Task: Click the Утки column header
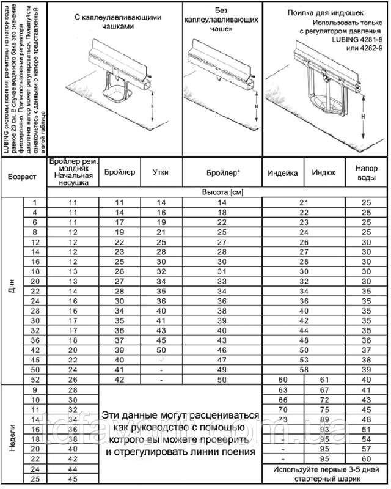[160, 173]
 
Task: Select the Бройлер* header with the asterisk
[222, 173]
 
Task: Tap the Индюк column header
[323, 173]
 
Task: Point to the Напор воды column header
[367, 173]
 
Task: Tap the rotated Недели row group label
[12, 434]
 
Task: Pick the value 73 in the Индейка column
[283, 419]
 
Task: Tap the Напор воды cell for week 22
[367, 458]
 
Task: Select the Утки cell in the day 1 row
[160, 202]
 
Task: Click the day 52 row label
[35, 379]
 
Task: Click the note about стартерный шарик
[323, 474]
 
